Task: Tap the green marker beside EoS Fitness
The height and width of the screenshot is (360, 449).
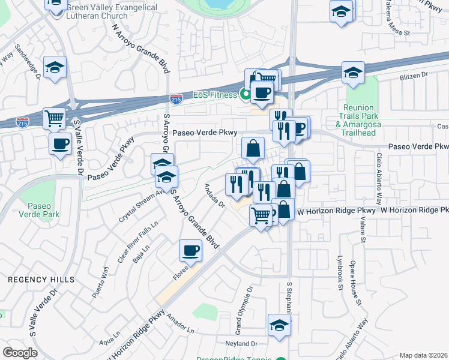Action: click(245, 94)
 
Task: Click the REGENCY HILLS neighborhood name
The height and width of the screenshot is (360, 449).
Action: click(41, 280)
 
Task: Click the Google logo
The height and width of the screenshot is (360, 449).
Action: click(20, 352)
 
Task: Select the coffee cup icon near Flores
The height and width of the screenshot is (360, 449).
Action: click(191, 249)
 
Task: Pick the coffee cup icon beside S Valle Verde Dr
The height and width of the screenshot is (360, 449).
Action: click(61, 144)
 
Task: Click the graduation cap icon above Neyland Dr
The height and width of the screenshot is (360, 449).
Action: click(279, 325)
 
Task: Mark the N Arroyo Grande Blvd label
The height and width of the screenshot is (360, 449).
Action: click(138, 45)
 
